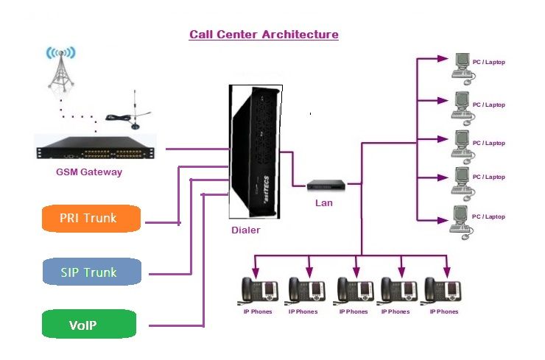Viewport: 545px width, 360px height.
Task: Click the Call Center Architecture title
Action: point(264,35)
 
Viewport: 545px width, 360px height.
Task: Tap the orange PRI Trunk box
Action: point(89,218)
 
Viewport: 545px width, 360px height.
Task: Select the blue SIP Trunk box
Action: point(89,272)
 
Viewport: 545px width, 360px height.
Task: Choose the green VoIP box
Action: point(89,325)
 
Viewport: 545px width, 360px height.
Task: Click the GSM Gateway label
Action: point(89,172)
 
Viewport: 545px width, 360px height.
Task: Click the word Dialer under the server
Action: point(245,230)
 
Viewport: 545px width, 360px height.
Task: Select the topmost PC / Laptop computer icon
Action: point(462,66)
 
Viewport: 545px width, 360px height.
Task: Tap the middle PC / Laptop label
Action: point(489,143)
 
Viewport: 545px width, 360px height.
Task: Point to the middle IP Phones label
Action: point(353,311)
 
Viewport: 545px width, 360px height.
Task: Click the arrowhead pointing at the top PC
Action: point(441,60)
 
